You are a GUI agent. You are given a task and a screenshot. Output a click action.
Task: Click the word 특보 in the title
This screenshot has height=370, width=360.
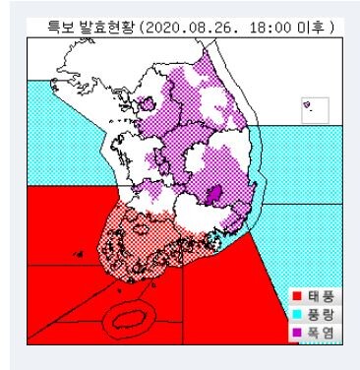point(49,28)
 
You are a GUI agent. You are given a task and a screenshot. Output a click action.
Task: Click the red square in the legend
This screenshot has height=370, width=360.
point(299,294)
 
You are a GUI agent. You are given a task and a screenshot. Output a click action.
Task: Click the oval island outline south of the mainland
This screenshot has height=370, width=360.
point(128,317)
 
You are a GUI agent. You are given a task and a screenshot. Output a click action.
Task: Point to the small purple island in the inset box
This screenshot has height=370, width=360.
point(308,106)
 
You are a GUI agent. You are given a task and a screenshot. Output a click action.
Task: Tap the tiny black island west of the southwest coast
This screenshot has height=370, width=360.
point(77,255)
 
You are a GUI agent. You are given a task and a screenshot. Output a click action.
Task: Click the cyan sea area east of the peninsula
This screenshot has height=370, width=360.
point(295,167)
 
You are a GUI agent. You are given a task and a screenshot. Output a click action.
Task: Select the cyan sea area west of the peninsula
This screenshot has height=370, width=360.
point(69,128)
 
